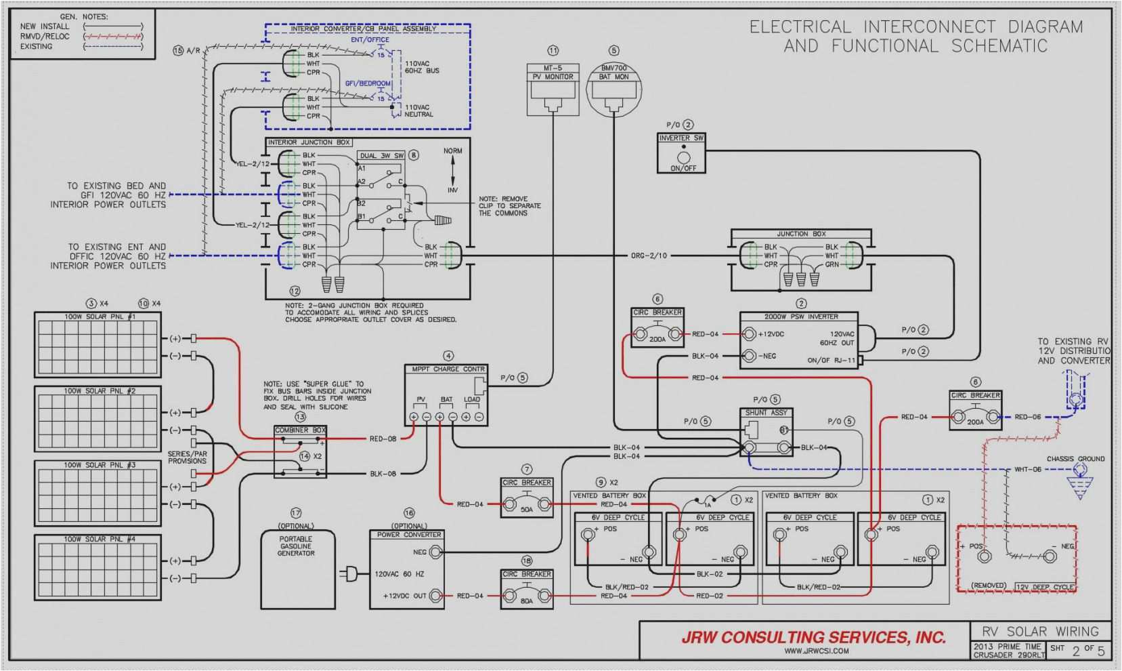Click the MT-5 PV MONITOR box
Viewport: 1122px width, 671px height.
click(x=553, y=89)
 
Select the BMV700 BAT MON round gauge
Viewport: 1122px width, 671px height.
click(x=613, y=89)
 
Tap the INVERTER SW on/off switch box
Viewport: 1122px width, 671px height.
click(x=682, y=153)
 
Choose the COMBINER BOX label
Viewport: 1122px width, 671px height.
click(x=300, y=430)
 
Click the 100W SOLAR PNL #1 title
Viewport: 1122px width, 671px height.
click(x=100, y=317)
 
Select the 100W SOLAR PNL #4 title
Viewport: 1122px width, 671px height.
click(x=100, y=539)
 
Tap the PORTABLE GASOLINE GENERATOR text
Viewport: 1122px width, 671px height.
click(x=296, y=546)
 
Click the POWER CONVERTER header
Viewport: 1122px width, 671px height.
click(x=409, y=535)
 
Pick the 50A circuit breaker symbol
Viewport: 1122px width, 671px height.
click(x=527, y=504)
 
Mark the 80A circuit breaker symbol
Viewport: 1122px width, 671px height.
click(x=527, y=596)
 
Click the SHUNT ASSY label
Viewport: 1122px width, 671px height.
click(x=766, y=412)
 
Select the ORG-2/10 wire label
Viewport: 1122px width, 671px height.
click(x=649, y=256)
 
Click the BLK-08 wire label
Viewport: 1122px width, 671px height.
click(x=383, y=474)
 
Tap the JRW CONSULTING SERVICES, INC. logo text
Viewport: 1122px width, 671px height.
click(x=813, y=637)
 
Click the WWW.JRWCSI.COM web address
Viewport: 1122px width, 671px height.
click(x=816, y=651)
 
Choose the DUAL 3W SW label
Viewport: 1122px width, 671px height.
click(x=381, y=156)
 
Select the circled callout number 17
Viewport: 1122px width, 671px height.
click(x=296, y=513)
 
